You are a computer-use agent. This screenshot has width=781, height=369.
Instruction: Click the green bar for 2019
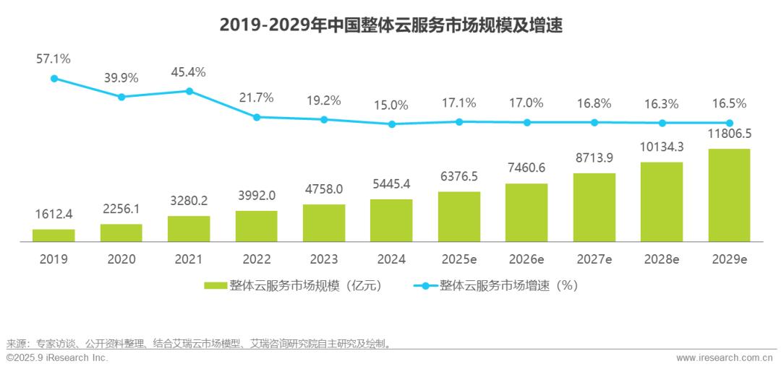click(x=54, y=235)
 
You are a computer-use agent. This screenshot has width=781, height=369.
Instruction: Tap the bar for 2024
click(x=391, y=220)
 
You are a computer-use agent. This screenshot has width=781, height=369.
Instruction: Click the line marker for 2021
click(x=189, y=91)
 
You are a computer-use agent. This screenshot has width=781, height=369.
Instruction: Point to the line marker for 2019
click(x=54, y=79)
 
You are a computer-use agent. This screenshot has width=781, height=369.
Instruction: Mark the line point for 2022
click(x=256, y=117)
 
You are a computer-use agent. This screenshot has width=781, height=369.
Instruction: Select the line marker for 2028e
click(x=662, y=123)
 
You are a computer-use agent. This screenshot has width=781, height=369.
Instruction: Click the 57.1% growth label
click(x=54, y=58)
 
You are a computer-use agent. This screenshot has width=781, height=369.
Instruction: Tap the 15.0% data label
click(x=391, y=105)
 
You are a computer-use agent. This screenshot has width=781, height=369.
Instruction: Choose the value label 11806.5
click(x=729, y=134)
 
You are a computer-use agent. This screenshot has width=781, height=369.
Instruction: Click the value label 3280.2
click(x=189, y=201)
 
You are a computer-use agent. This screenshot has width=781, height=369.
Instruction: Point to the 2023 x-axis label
click(x=323, y=259)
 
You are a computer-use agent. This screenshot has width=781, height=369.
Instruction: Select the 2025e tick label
click(x=458, y=259)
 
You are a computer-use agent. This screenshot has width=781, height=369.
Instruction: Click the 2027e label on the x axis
click(x=594, y=259)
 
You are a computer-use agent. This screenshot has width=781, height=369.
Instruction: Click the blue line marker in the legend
click(x=424, y=286)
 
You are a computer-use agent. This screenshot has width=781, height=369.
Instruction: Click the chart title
click(x=390, y=26)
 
